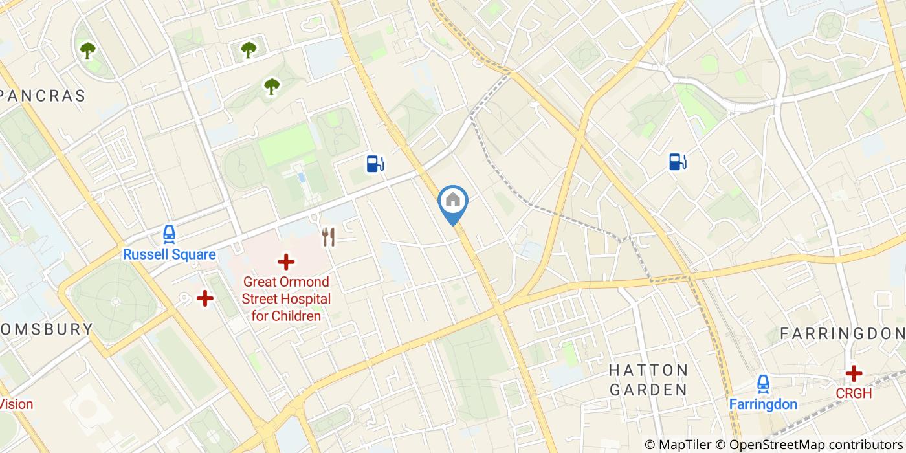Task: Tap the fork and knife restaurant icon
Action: coord(329,237)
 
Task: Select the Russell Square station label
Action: coord(170,254)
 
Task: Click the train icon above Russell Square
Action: coord(170,234)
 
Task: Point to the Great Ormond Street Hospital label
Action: coord(285,299)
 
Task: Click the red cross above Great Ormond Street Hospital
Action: coord(285,262)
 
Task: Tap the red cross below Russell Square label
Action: coord(205,298)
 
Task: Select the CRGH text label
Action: coord(854,393)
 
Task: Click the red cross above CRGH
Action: coord(854,373)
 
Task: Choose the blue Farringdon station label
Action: coord(763,404)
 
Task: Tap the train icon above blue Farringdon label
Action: coord(763,384)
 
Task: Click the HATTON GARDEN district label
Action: coord(648,380)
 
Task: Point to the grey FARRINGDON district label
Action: coord(842,333)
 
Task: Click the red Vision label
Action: coord(16,404)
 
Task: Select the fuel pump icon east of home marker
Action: coord(678,161)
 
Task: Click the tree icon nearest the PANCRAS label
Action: coord(87,50)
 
